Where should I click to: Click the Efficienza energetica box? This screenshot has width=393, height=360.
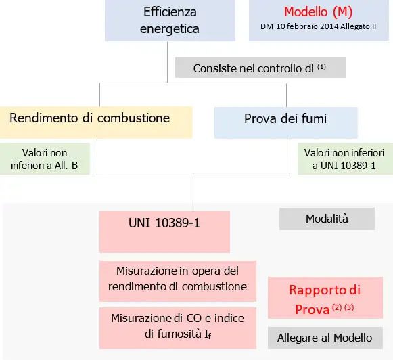coord(169,20)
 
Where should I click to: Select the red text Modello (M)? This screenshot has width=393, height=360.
coord(318,12)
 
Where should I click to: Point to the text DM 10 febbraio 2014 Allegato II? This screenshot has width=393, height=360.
coord(318,27)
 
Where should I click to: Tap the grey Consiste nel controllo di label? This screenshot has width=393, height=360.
coord(260,68)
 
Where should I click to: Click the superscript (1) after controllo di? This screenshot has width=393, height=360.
coord(322,66)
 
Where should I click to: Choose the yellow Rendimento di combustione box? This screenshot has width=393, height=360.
coord(96,122)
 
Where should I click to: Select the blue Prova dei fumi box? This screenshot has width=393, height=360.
coord(285,122)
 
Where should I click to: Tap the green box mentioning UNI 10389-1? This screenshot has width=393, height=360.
coord(344,160)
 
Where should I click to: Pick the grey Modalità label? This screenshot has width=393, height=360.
coord(327,219)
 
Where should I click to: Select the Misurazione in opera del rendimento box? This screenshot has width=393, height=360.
coord(177,278)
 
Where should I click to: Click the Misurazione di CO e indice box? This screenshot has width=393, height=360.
coord(177,325)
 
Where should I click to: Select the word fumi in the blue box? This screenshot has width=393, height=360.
coord(313,119)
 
